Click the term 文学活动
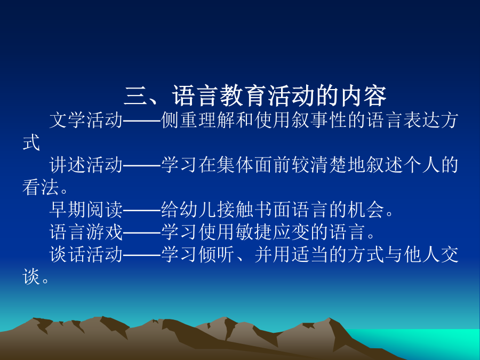pyautogui.click(x=86, y=120)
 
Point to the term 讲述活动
pyautogui.click(x=86, y=165)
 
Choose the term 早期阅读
pyautogui.click(x=86, y=210)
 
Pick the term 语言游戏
pyautogui.click(x=86, y=232)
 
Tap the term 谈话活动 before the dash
pyautogui.click(x=86, y=255)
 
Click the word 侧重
pyautogui.click(x=179, y=120)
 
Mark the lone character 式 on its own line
pyautogui.click(x=31, y=142)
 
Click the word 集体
pyautogui.click(x=235, y=165)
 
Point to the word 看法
pyautogui.click(x=41, y=187)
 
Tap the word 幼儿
pyautogui.click(x=198, y=210)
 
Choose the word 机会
pyautogui.click(x=366, y=210)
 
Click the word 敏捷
pyautogui.click(x=254, y=232)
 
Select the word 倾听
pyautogui.click(x=217, y=255)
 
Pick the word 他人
pyautogui.click(x=422, y=255)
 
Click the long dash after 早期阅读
pyautogui.click(x=142, y=210)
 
